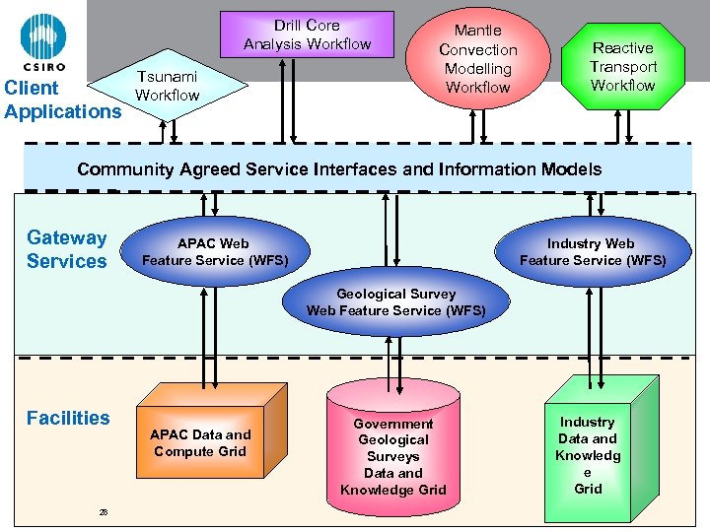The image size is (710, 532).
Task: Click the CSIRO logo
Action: point(43,42)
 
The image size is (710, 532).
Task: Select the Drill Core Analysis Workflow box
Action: point(307,34)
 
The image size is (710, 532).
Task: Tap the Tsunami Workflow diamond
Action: point(168,87)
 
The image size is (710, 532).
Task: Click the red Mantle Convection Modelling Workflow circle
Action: point(477,59)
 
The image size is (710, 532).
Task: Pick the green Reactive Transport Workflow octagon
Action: point(623,66)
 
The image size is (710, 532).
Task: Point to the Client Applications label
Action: point(61,100)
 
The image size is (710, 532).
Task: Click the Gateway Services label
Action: point(66,249)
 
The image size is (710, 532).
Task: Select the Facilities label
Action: point(68,418)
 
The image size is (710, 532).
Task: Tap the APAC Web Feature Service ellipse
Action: point(213,252)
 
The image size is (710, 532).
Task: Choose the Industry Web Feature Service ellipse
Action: point(592,252)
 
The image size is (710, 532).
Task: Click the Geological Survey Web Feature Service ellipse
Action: point(395,302)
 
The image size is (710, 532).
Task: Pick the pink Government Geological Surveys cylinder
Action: point(393,456)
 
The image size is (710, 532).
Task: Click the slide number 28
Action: point(103,511)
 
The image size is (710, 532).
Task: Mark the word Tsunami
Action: point(167,77)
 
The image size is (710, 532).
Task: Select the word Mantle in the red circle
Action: point(477,31)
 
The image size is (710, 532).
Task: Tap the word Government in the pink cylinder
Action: point(393,424)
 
